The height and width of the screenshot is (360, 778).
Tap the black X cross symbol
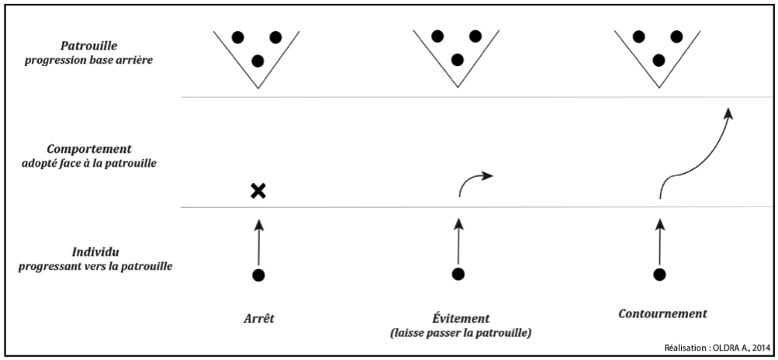(x=258, y=191)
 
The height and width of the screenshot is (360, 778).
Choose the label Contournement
(x=663, y=314)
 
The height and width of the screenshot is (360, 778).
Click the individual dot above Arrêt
(x=259, y=275)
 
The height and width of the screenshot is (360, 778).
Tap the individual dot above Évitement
(x=458, y=274)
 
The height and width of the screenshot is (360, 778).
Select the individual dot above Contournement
(x=659, y=274)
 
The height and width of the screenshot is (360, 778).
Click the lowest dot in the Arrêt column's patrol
(x=258, y=61)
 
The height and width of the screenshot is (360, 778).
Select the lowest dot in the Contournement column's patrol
(x=659, y=60)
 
